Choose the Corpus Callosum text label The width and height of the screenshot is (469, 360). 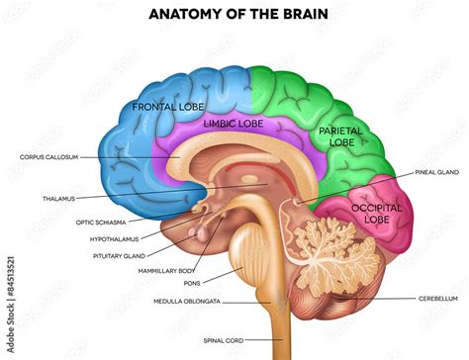click(48, 157)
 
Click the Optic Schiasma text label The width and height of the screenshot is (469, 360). click(102, 223)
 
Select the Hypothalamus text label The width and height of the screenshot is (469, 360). click(111, 238)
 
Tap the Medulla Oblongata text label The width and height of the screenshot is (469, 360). click(187, 301)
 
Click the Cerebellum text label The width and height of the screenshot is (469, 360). click(437, 299)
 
